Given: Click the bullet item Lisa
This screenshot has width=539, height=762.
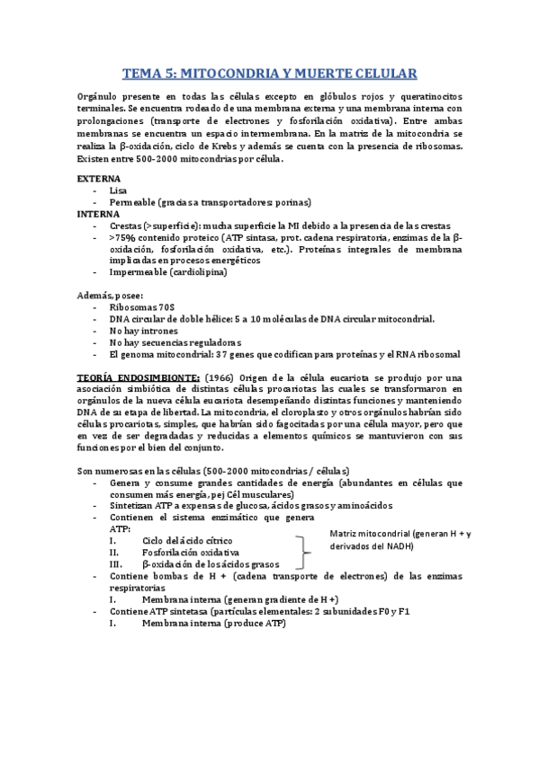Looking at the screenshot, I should point(118,190).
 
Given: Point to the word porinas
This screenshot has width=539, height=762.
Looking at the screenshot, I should point(289,202).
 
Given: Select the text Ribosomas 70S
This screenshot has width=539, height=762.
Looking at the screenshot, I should point(142,307).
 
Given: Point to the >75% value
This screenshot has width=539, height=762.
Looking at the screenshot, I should point(123,237).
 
